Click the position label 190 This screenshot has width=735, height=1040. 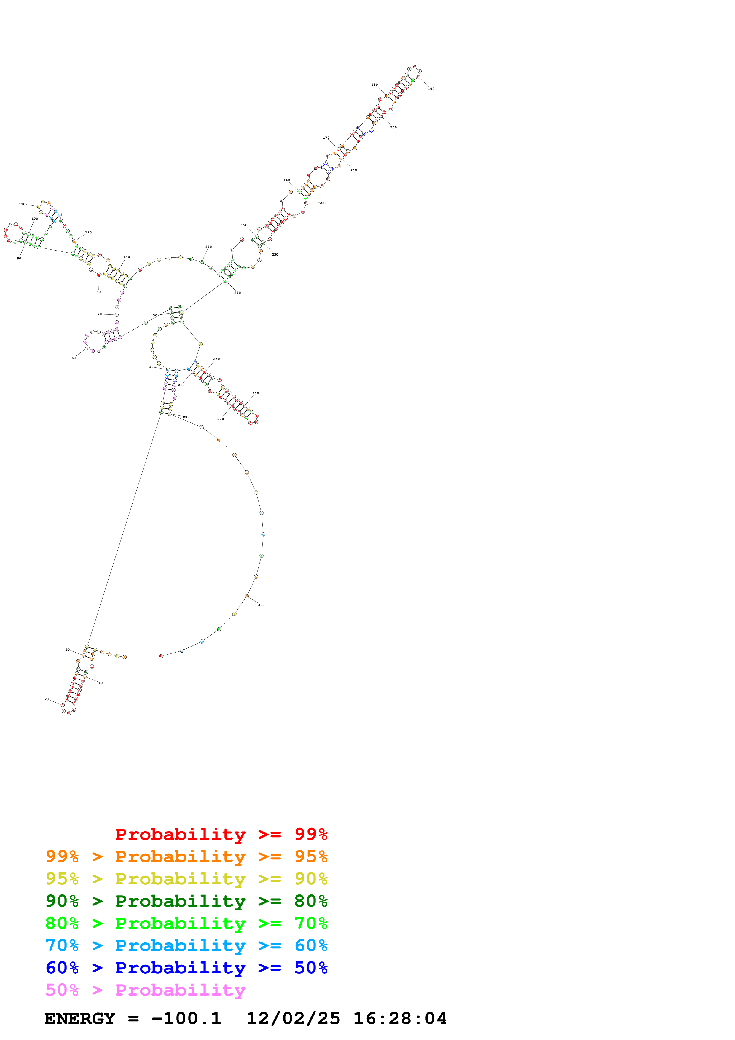431,89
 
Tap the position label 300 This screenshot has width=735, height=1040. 261,605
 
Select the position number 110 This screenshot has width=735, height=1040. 22,204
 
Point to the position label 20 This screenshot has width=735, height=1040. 46,699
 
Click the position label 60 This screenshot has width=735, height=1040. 73,358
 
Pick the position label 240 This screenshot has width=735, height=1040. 237,293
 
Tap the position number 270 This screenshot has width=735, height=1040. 221,419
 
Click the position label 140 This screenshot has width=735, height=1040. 208,247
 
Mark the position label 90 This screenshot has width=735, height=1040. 19,258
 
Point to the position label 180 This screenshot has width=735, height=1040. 374,85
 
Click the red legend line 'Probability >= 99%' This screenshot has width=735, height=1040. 221,834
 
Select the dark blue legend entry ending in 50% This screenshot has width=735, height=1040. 186,968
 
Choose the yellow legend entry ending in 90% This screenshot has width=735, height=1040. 186,879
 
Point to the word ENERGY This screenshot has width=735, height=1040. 80,1019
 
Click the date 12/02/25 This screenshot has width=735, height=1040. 293,1019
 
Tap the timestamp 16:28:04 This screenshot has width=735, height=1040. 399,1019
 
